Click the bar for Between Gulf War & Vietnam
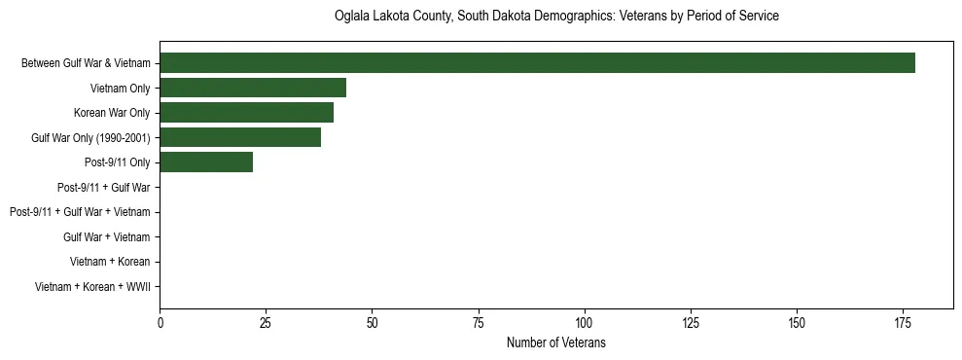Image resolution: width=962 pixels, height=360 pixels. (537, 63)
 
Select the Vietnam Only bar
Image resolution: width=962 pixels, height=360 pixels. (253, 88)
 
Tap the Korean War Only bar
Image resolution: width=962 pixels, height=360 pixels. (246, 113)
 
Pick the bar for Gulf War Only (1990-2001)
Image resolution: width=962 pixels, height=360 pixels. (240, 137)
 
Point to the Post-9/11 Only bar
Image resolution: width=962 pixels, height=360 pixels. (206, 162)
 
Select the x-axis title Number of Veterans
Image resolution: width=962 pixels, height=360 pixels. (555, 342)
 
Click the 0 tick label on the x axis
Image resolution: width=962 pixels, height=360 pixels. (160, 323)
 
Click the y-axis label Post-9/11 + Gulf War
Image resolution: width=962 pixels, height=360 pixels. (103, 187)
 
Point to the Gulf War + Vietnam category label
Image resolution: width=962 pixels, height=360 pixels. (106, 236)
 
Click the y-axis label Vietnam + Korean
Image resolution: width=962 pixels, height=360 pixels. (110, 262)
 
